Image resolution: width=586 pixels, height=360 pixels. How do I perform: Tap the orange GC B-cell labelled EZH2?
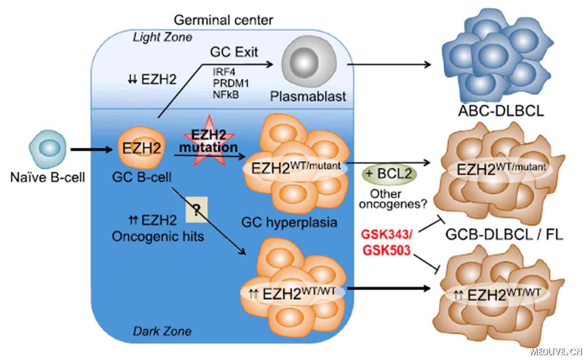click(x=141, y=149)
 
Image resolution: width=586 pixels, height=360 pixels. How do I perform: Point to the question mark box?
click(x=196, y=210)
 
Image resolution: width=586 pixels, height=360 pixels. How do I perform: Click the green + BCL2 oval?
click(x=389, y=174)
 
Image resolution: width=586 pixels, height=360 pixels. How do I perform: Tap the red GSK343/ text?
click(x=387, y=234)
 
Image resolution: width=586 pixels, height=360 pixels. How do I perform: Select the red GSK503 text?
click(x=386, y=250)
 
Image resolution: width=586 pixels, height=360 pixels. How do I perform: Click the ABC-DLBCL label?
click(x=501, y=110)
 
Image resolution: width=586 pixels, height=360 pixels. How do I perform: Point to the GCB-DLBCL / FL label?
click(x=504, y=234)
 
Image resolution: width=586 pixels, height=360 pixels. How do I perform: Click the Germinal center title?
click(x=223, y=20)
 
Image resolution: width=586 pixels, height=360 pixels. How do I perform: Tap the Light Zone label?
click(x=162, y=37)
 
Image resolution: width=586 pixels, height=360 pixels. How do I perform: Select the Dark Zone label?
click(x=162, y=331)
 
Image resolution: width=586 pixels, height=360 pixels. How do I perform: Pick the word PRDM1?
click(x=231, y=83)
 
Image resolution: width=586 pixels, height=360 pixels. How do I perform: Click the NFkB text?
click(x=226, y=94)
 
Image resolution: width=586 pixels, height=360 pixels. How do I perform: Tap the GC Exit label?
click(x=234, y=52)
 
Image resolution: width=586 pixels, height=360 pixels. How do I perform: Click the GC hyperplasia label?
click(x=289, y=222)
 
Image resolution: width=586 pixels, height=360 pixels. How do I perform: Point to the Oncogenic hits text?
click(x=157, y=237)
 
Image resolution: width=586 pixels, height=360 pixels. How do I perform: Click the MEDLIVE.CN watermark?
click(x=556, y=352)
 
